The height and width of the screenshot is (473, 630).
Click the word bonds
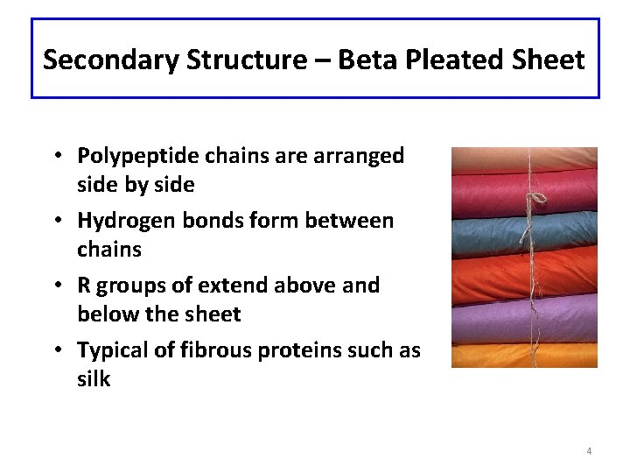pyautogui.click(x=213, y=222)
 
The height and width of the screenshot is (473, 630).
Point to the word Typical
pyautogui.click(x=112, y=351)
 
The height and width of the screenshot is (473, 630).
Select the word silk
pyautogui.click(x=94, y=379)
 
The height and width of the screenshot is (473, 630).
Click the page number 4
pyautogui.click(x=589, y=451)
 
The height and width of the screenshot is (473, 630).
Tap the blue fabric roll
pyautogui.click(x=490, y=229)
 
